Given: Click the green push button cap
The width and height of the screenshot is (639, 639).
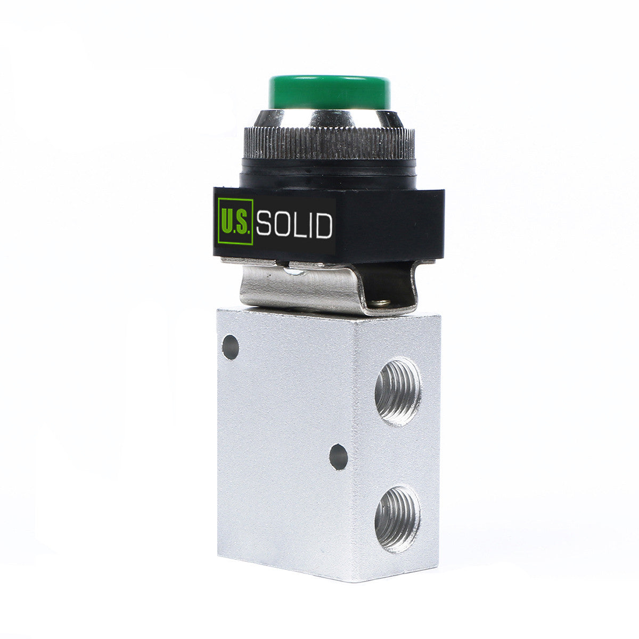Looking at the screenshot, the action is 329,92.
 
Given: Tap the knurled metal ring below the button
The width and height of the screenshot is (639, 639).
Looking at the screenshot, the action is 329,143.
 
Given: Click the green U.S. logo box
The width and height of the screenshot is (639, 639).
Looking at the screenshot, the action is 235,222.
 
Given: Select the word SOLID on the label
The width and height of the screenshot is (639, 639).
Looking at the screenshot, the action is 294,225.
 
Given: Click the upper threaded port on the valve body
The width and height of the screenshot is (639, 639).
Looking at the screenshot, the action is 398,391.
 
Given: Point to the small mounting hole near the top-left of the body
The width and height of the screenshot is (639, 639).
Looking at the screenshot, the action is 231,347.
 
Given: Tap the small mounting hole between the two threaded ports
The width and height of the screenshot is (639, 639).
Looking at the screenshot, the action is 339,457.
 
